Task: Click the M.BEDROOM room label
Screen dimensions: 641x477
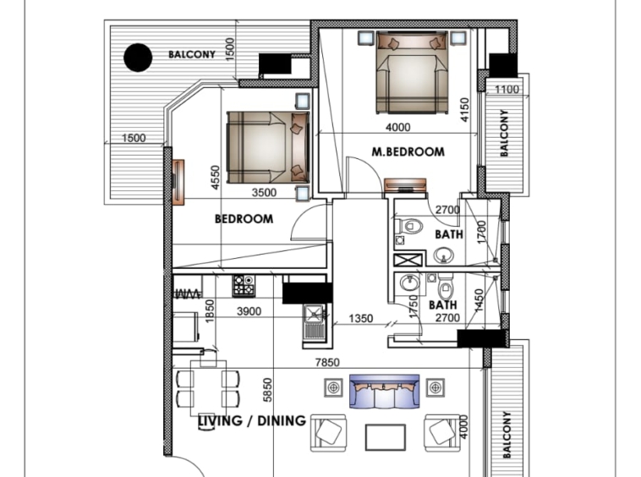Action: [408, 152]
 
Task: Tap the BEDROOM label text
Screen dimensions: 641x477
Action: [244, 219]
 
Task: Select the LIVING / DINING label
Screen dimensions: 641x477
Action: [252, 420]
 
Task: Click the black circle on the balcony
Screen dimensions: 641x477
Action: [138, 58]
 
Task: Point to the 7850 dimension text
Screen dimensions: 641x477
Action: [327, 363]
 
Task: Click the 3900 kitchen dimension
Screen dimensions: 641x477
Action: [249, 311]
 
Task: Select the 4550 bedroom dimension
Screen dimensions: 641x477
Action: [216, 178]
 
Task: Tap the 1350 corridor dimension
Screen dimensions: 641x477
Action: [360, 318]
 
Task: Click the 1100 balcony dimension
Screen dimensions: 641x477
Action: [507, 90]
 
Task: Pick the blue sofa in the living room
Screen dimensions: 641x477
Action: [384, 392]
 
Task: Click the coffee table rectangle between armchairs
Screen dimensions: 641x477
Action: [386, 437]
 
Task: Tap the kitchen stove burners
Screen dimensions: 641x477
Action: [244, 286]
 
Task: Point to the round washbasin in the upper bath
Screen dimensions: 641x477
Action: [444, 256]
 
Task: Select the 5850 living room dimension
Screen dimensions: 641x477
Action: [267, 390]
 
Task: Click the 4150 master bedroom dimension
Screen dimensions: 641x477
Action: [465, 110]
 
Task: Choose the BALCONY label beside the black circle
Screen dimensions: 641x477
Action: [192, 54]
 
